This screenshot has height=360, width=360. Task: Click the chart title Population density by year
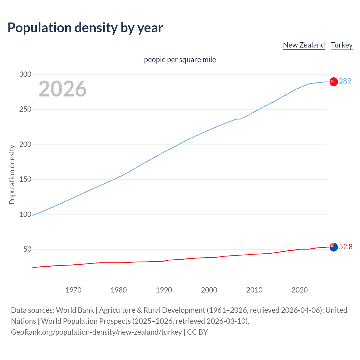[x=85, y=28]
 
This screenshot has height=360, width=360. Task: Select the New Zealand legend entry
[x=304, y=45]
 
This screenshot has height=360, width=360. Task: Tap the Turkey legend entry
[x=342, y=45]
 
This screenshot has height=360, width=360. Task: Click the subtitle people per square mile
[x=180, y=60]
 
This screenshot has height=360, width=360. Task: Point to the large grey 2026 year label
[x=62, y=89]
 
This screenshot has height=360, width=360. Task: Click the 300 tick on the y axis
[x=25, y=74]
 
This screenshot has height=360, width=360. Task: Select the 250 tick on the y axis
[x=25, y=109]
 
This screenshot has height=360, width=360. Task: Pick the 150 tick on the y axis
[x=25, y=179]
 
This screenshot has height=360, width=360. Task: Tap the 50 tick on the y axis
[x=27, y=249]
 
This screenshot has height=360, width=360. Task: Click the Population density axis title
[x=12, y=174]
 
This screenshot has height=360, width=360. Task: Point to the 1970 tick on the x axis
[x=73, y=290]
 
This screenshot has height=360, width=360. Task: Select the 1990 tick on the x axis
[x=164, y=290]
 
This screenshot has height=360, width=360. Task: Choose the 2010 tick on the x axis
[x=254, y=290]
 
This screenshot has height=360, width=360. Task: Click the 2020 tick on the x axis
[x=300, y=290]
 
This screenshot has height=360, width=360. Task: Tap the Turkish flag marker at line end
[x=334, y=82]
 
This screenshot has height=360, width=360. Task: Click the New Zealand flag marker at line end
[x=334, y=247]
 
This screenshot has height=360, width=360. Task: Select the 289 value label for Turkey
[x=345, y=81]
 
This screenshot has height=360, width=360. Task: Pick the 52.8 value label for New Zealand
[x=346, y=247]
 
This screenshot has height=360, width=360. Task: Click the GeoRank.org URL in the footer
[x=96, y=332]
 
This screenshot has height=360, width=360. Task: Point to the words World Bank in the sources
[x=75, y=310]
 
